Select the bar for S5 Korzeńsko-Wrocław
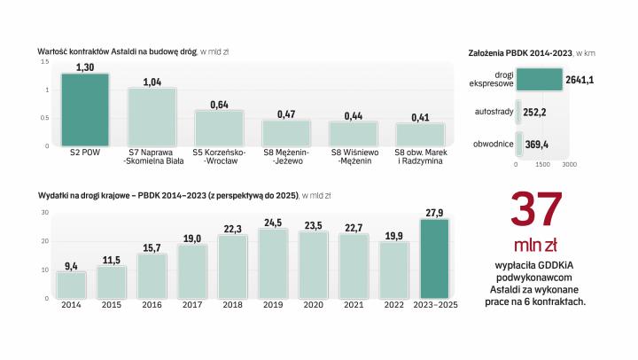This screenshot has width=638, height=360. (x=219, y=128)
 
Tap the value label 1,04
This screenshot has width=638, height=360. (x=152, y=82)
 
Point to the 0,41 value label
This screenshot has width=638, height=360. (x=420, y=117)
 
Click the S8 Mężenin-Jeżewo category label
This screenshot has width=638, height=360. (x=286, y=157)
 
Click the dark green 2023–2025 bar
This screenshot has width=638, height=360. (x=434, y=258)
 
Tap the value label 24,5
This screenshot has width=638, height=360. (x=271, y=223)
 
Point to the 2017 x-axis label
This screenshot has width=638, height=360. (x=191, y=305)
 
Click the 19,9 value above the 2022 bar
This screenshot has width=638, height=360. (x=393, y=236)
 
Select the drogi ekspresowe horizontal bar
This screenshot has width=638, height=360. (x=539, y=81)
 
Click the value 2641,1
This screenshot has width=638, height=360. (x=580, y=81)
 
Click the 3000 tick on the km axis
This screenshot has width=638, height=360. (x=570, y=164)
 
